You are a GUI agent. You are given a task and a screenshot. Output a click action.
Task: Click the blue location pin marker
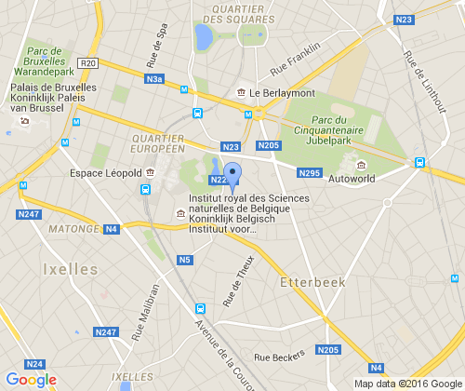click(x=233, y=175)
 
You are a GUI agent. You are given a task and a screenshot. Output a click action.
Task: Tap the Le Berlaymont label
click(x=283, y=92)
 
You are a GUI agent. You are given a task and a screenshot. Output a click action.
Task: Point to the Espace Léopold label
click(x=105, y=173)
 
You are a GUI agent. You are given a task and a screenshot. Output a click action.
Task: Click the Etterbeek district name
click(x=312, y=279)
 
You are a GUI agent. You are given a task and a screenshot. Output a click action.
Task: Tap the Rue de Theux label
click(x=238, y=280)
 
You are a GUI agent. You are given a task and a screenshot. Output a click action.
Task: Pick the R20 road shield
click(x=89, y=63)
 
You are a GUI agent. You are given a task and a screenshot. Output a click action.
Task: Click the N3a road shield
click(x=155, y=80)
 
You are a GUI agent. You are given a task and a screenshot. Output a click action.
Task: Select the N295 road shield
click(x=310, y=173)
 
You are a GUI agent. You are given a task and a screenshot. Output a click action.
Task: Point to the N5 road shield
click(x=185, y=260)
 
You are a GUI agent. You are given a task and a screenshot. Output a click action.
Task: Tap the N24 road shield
click(x=35, y=364)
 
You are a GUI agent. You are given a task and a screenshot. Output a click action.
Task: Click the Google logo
click(x=31, y=379)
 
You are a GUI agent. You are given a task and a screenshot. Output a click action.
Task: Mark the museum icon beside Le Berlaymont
click(x=242, y=92)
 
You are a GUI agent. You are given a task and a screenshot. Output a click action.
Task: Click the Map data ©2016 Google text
click(x=407, y=383)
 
